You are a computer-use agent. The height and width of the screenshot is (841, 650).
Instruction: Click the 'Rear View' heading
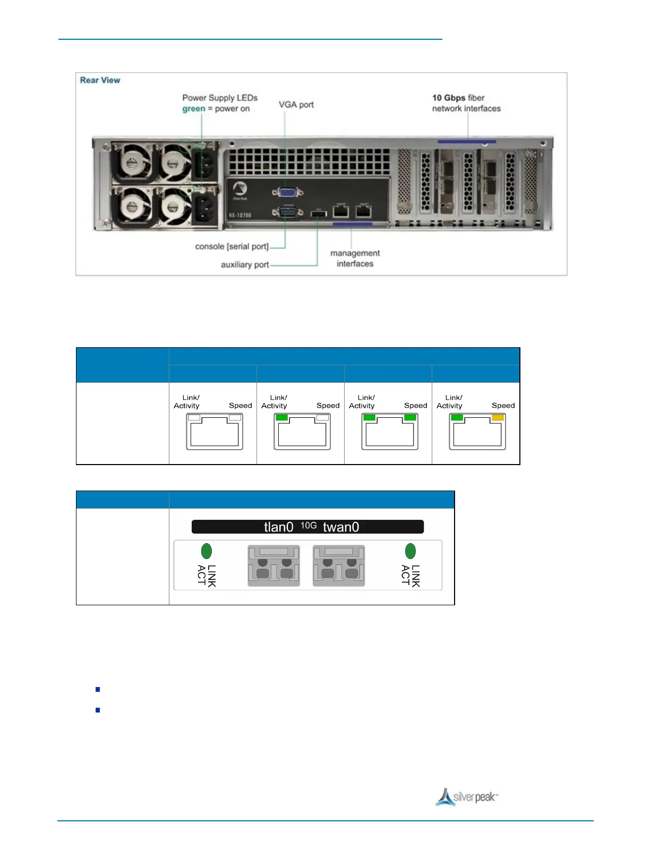tap(100, 80)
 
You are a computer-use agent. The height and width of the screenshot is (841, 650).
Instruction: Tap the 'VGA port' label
tap(296, 105)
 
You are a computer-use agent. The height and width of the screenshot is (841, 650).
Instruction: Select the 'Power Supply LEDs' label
tap(220, 98)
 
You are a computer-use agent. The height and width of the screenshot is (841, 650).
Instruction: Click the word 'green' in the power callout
tap(193, 109)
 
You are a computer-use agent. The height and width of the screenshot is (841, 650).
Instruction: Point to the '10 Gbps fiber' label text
tap(458, 98)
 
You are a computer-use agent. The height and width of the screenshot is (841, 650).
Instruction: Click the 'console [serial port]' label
tap(232, 246)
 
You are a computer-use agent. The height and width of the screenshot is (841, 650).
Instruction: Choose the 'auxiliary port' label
tap(244, 264)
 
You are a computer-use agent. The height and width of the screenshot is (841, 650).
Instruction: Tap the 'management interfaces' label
tap(355, 259)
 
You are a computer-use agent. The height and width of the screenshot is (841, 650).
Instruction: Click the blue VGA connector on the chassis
tap(287, 192)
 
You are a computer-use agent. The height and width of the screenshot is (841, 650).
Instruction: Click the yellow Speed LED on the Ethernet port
tap(498, 418)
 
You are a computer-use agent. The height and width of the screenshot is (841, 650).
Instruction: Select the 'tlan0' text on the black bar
tap(278, 527)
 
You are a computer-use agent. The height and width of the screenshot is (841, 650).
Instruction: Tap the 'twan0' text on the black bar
tap(341, 527)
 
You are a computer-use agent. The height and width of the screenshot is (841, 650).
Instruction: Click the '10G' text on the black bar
tap(309, 525)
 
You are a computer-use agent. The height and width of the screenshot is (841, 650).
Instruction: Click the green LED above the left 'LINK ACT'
tap(207, 551)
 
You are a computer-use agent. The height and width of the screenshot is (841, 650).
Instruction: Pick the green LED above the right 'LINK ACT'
tap(410, 551)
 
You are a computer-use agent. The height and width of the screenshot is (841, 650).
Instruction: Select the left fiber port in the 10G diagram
tap(274, 566)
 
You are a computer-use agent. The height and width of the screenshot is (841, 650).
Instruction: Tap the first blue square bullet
tap(98, 690)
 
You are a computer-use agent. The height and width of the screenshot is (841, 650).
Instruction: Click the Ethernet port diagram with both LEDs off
tap(215, 431)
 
